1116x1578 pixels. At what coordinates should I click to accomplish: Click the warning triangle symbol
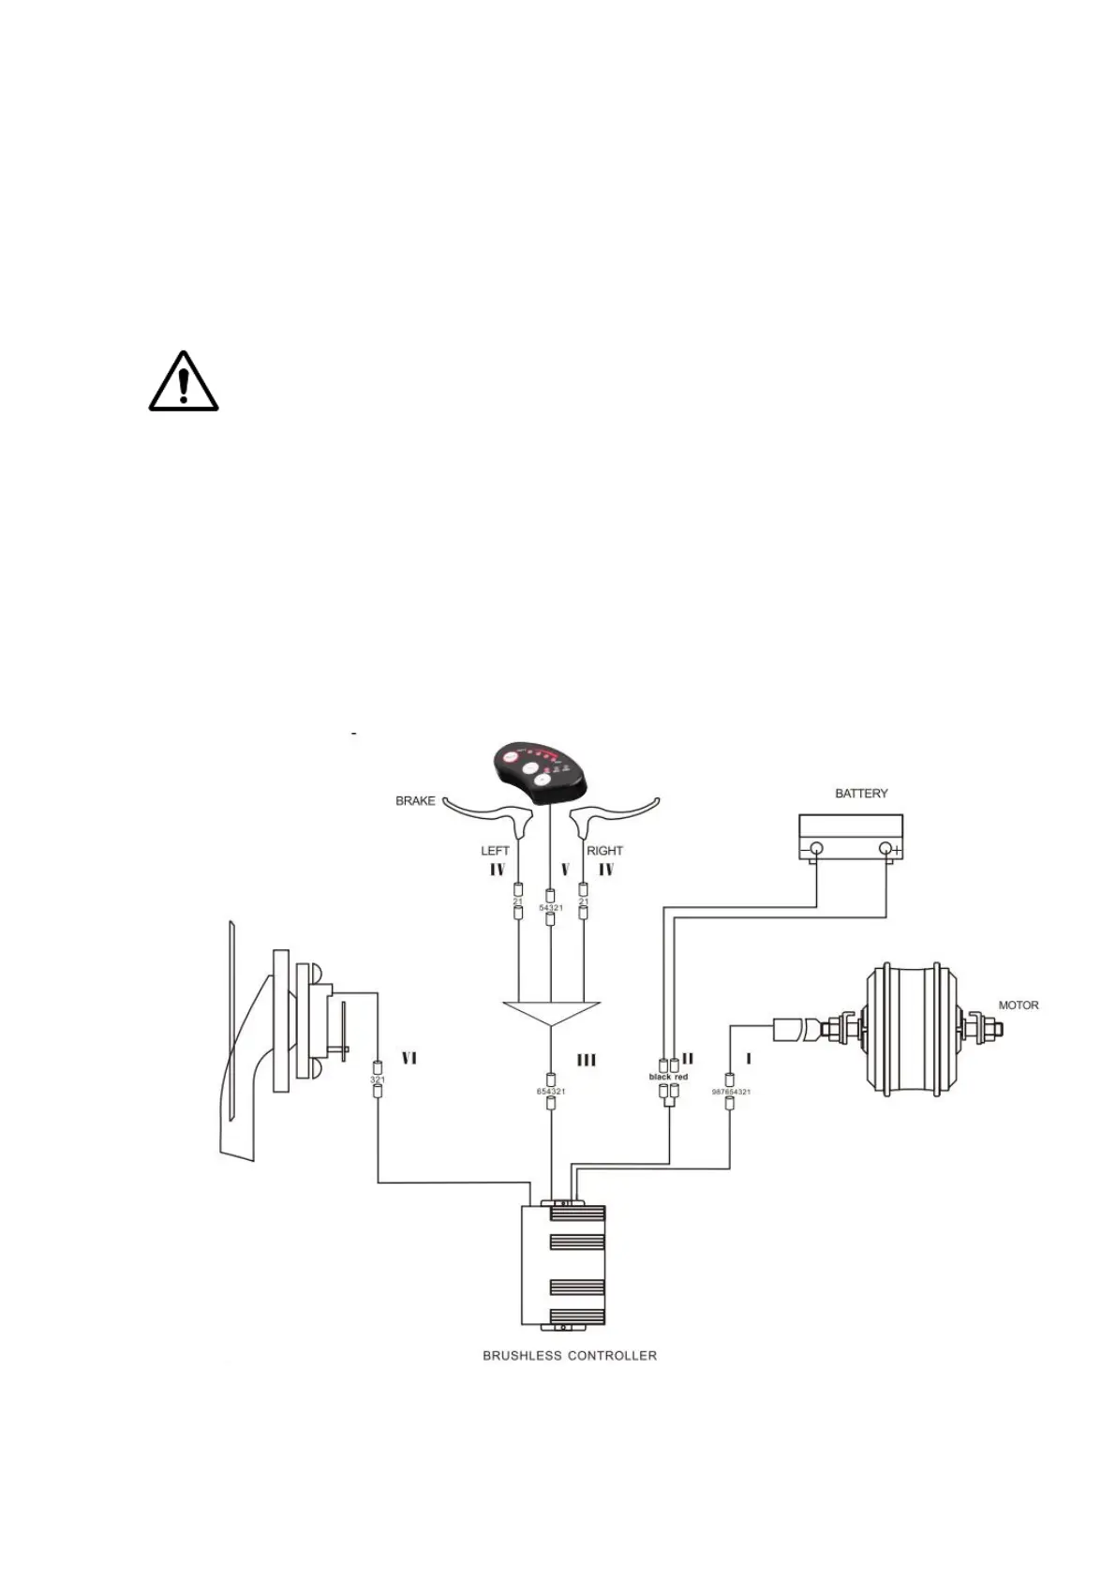[x=184, y=382]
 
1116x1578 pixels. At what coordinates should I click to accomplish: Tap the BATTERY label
[x=860, y=794]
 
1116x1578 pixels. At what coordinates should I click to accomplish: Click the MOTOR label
[x=1018, y=1005]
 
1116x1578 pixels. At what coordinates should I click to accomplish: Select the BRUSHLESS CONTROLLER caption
[x=569, y=1355]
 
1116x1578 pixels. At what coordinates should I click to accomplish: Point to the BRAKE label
[x=415, y=801]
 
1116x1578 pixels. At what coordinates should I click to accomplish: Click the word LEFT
[x=495, y=851]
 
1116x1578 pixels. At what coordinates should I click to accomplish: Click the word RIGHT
[x=604, y=851]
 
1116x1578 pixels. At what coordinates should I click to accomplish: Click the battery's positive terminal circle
[x=885, y=850]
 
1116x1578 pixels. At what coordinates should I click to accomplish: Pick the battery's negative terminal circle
[x=815, y=850]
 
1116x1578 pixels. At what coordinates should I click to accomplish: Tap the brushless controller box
[x=562, y=1265]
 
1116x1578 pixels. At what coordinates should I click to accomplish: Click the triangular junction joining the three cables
[x=551, y=1012]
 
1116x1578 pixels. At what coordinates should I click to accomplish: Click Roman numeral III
[x=587, y=1060]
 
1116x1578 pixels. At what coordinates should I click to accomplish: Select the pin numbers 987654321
[x=731, y=1092]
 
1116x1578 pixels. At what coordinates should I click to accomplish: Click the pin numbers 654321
[x=551, y=1092]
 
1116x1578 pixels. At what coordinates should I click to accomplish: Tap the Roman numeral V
[x=565, y=870]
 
